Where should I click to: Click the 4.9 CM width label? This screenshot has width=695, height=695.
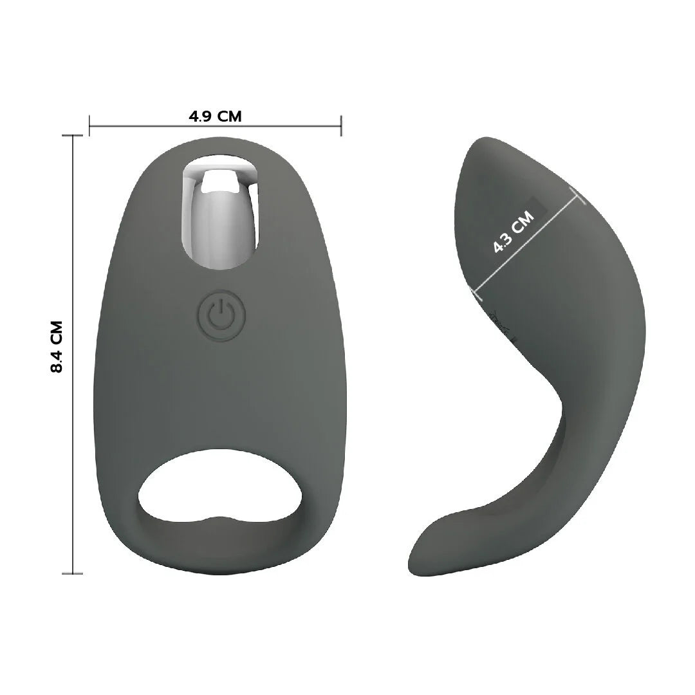pos(215,116)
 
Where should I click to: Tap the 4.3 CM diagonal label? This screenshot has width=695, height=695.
pos(514,232)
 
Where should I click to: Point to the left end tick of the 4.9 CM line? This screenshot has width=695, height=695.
pos(89,126)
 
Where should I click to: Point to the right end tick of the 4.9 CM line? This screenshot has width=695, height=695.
pos(341,126)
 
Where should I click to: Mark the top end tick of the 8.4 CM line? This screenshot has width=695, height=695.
pos(72,135)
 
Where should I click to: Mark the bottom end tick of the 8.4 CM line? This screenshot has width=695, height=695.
pos(72,573)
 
